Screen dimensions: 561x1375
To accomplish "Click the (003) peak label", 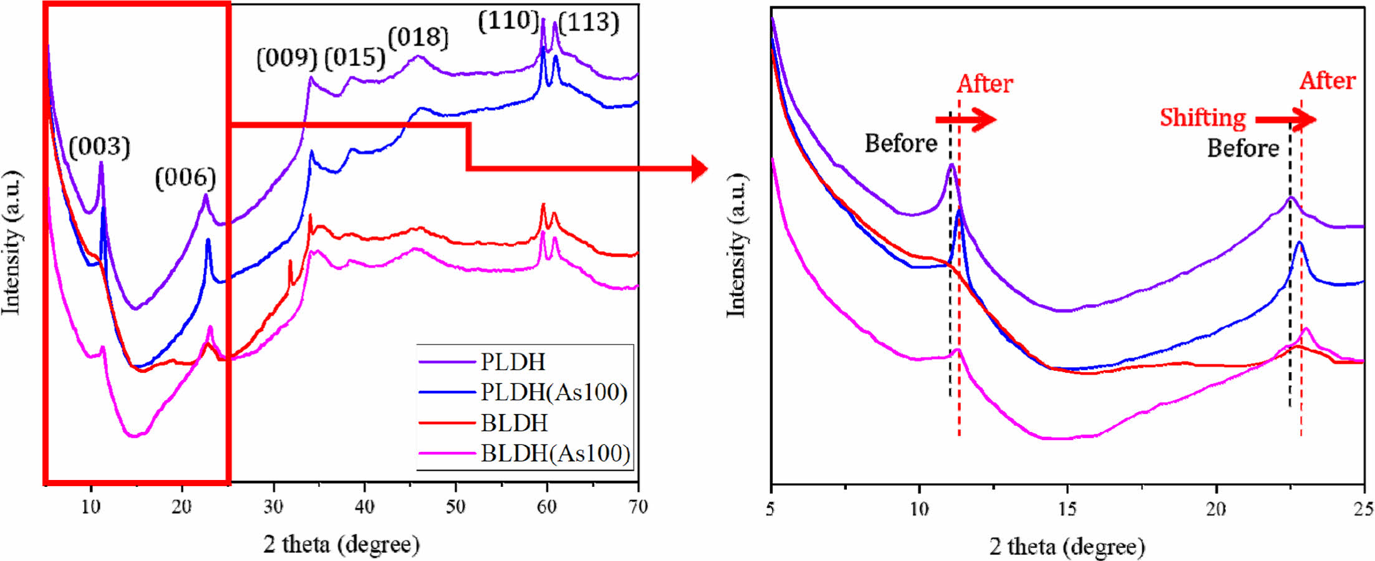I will click(99, 147).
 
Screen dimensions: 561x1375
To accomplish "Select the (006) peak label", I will click(185, 178).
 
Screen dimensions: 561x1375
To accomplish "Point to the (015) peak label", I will click(355, 58).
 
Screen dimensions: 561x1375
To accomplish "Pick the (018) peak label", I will click(418, 37).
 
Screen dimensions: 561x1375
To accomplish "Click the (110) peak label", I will click(508, 21).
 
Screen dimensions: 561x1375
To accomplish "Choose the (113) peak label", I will click(589, 23).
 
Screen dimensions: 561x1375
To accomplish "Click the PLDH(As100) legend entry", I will click(554, 392).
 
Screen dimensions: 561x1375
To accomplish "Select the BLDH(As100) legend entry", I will click(555, 453).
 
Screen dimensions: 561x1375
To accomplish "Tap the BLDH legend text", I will click(514, 423).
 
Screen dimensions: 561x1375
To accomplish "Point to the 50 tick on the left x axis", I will click(456, 507).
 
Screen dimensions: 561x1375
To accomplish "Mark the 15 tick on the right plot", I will click(1067, 509).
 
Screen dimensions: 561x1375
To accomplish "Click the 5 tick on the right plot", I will click(771, 509).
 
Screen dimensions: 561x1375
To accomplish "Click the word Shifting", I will click(1202, 118).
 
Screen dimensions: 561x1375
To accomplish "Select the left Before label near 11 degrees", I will click(900, 143).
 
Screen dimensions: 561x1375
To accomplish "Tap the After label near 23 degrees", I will click(1328, 81).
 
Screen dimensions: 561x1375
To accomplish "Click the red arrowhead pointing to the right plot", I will click(700, 168).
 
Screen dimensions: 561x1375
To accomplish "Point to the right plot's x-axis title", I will click(1067, 547).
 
